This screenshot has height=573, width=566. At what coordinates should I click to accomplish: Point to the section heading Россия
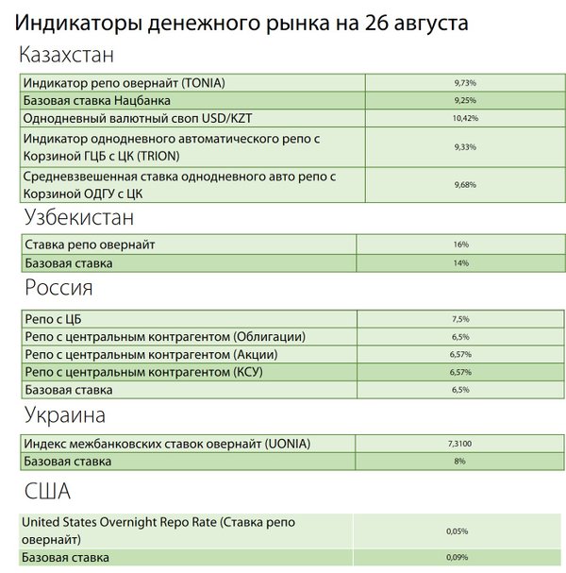(x=58, y=288)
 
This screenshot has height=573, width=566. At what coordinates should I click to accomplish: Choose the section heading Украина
(x=65, y=414)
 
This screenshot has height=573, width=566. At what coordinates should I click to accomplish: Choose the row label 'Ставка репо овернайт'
(x=89, y=244)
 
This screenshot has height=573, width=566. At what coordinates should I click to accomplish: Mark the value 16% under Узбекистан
(x=460, y=244)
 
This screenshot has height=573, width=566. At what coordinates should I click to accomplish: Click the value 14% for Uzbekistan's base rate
(x=460, y=263)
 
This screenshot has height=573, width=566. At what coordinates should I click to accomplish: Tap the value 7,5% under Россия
(x=460, y=319)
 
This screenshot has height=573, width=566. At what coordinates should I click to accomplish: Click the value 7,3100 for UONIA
(x=460, y=444)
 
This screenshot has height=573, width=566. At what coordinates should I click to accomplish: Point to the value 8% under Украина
(x=460, y=462)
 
